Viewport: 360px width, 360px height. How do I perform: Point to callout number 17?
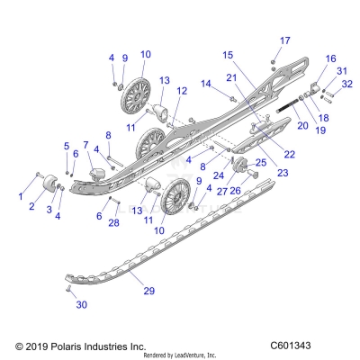pos(285,40)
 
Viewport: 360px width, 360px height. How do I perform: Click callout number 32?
pos(347,85)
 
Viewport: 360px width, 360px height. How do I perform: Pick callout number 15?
pos(226,55)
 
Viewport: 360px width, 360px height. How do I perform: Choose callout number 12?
pos(181,91)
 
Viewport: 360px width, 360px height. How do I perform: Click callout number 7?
pos(85,144)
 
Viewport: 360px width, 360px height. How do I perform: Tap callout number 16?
pos(330,58)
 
